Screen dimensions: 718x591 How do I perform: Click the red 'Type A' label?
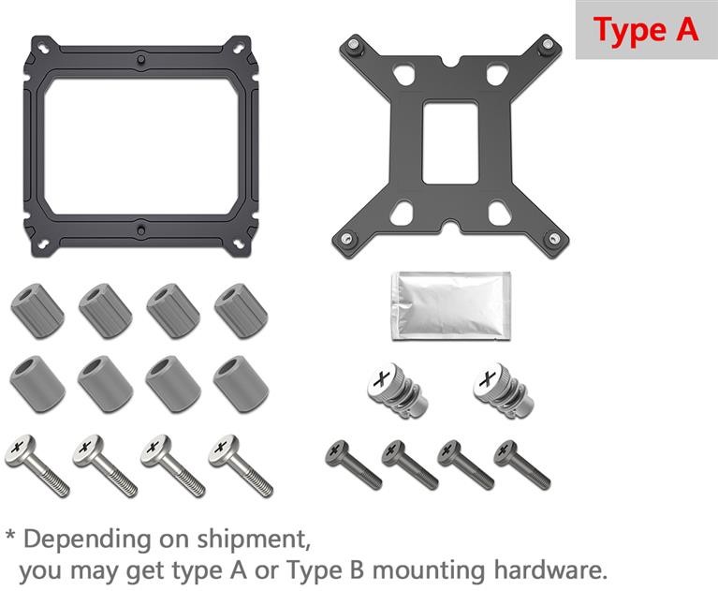pos(646,30)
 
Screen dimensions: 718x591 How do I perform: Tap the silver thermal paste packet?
pos(451,306)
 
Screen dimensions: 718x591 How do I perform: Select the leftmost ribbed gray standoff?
pos(37,311)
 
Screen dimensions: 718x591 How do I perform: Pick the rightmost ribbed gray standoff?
pos(242,311)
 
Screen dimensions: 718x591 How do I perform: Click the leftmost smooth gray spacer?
pos(37,384)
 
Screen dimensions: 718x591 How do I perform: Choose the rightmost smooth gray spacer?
pos(241,384)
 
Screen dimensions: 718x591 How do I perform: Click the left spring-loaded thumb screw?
pos(397,391)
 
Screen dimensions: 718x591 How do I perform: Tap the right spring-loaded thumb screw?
pos(504,391)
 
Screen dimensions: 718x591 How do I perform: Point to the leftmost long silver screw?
pos(37,465)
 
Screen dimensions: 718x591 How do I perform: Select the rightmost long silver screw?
pos(241,465)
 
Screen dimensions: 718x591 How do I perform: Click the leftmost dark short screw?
pos(353,465)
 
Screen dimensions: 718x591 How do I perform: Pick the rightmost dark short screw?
pos(522,465)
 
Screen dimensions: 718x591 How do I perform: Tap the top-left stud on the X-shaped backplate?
pos(353,45)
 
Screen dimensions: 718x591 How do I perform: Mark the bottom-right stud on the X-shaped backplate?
pos(554,238)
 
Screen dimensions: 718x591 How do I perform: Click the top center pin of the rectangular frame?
pos(141,60)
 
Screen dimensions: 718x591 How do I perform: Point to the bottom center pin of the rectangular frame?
pos(141,230)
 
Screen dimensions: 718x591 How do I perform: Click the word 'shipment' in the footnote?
pos(254,539)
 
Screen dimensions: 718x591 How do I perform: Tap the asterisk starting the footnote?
pos(11,535)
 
